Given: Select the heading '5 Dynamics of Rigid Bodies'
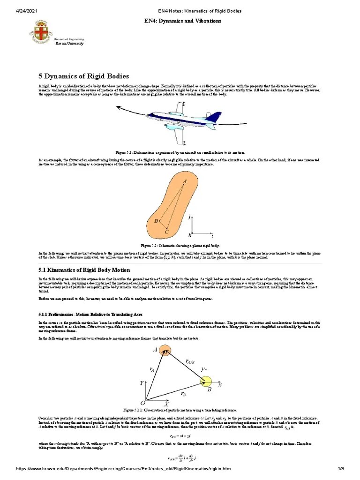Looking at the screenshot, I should click(x=83, y=76).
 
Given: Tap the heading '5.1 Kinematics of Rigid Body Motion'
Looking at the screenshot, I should click(x=84, y=270).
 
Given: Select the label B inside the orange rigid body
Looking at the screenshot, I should click(x=156, y=221).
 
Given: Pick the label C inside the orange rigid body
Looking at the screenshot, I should click(x=166, y=232).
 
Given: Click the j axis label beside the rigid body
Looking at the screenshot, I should click(x=190, y=217).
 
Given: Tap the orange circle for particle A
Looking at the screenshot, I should click(x=165, y=351).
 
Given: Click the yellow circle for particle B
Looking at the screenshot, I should click(x=207, y=382).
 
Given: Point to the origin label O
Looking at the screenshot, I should click(x=142, y=403).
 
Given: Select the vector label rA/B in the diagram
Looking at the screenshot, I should click(x=190, y=361).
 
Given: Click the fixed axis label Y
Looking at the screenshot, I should click(x=141, y=383).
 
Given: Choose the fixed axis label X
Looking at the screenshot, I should click(x=166, y=403).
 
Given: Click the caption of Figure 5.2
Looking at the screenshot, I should click(x=180, y=245).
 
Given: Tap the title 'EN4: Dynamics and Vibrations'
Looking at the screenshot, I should click(x=180, y=22).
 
